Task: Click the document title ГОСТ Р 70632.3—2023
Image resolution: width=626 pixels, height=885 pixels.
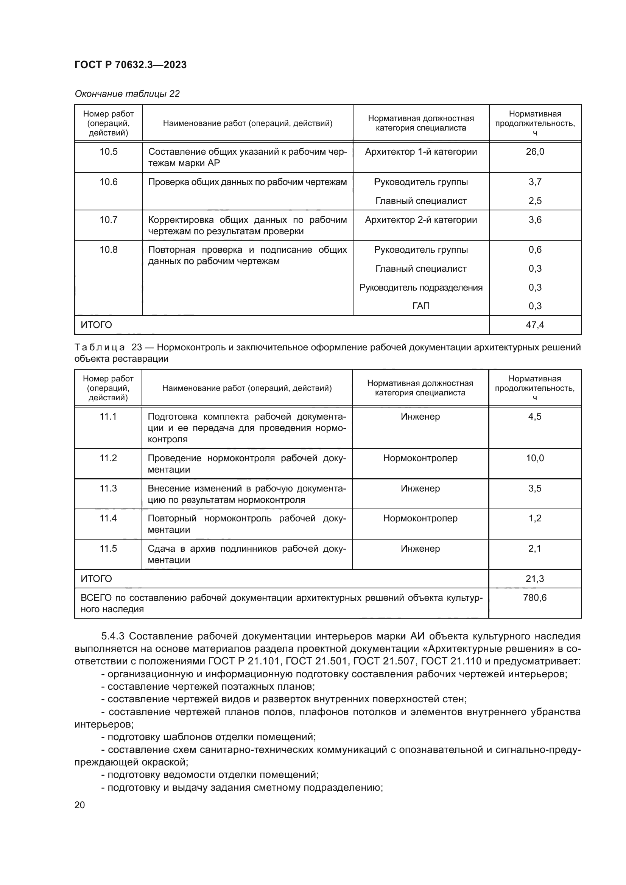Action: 130,65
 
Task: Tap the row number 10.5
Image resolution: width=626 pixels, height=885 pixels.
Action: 108,152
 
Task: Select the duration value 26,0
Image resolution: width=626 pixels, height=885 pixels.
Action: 535,152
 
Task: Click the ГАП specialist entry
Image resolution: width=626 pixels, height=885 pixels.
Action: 420,306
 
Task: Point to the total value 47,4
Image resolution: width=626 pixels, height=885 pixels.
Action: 535,325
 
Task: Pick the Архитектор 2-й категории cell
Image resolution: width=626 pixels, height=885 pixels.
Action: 420,220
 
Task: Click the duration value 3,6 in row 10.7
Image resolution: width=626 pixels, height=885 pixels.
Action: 535,220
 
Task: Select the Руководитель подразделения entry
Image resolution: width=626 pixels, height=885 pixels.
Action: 420,288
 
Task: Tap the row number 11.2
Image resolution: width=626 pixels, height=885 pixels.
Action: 108,458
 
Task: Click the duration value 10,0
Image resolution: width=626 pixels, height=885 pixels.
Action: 535,458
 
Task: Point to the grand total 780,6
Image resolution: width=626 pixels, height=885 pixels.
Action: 535,598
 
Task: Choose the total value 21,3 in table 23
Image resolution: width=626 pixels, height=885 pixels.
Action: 535,579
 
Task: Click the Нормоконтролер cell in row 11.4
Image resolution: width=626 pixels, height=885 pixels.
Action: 420,518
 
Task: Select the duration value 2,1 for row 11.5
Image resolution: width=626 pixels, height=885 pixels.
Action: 535,549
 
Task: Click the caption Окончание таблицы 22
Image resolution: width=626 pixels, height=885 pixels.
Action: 127,94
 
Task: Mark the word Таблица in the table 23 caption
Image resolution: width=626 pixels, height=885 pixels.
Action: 100,347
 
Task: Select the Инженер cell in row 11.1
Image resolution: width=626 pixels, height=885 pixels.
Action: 420,417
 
